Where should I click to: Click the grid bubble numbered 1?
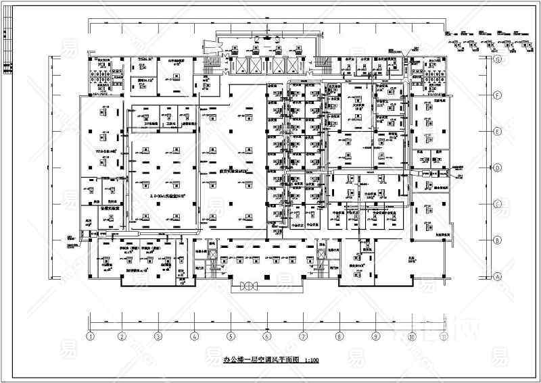coord(89,335)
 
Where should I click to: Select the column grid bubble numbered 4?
coord(194,335)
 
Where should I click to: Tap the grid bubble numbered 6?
coord(266,335)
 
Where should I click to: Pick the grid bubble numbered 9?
coord(374,335)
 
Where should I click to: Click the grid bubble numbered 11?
coord(444,335)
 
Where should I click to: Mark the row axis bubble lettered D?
coord(497,168)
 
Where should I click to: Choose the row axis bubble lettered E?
coord(497,131)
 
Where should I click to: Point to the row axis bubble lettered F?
coord(497,95)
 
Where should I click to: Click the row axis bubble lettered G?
coord(497,59)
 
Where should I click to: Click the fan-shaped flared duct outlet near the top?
coord(210,48)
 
